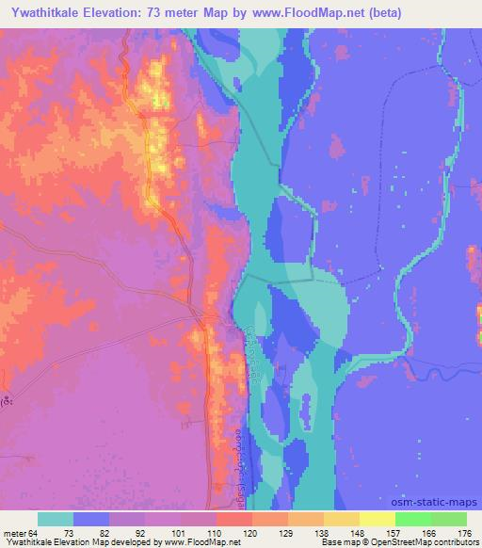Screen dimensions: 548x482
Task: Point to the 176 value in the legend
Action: [x=464, y=532]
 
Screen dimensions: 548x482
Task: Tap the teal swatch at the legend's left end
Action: [x=56, y=519]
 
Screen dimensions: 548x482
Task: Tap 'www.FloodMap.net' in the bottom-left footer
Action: [x=202, y=542]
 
